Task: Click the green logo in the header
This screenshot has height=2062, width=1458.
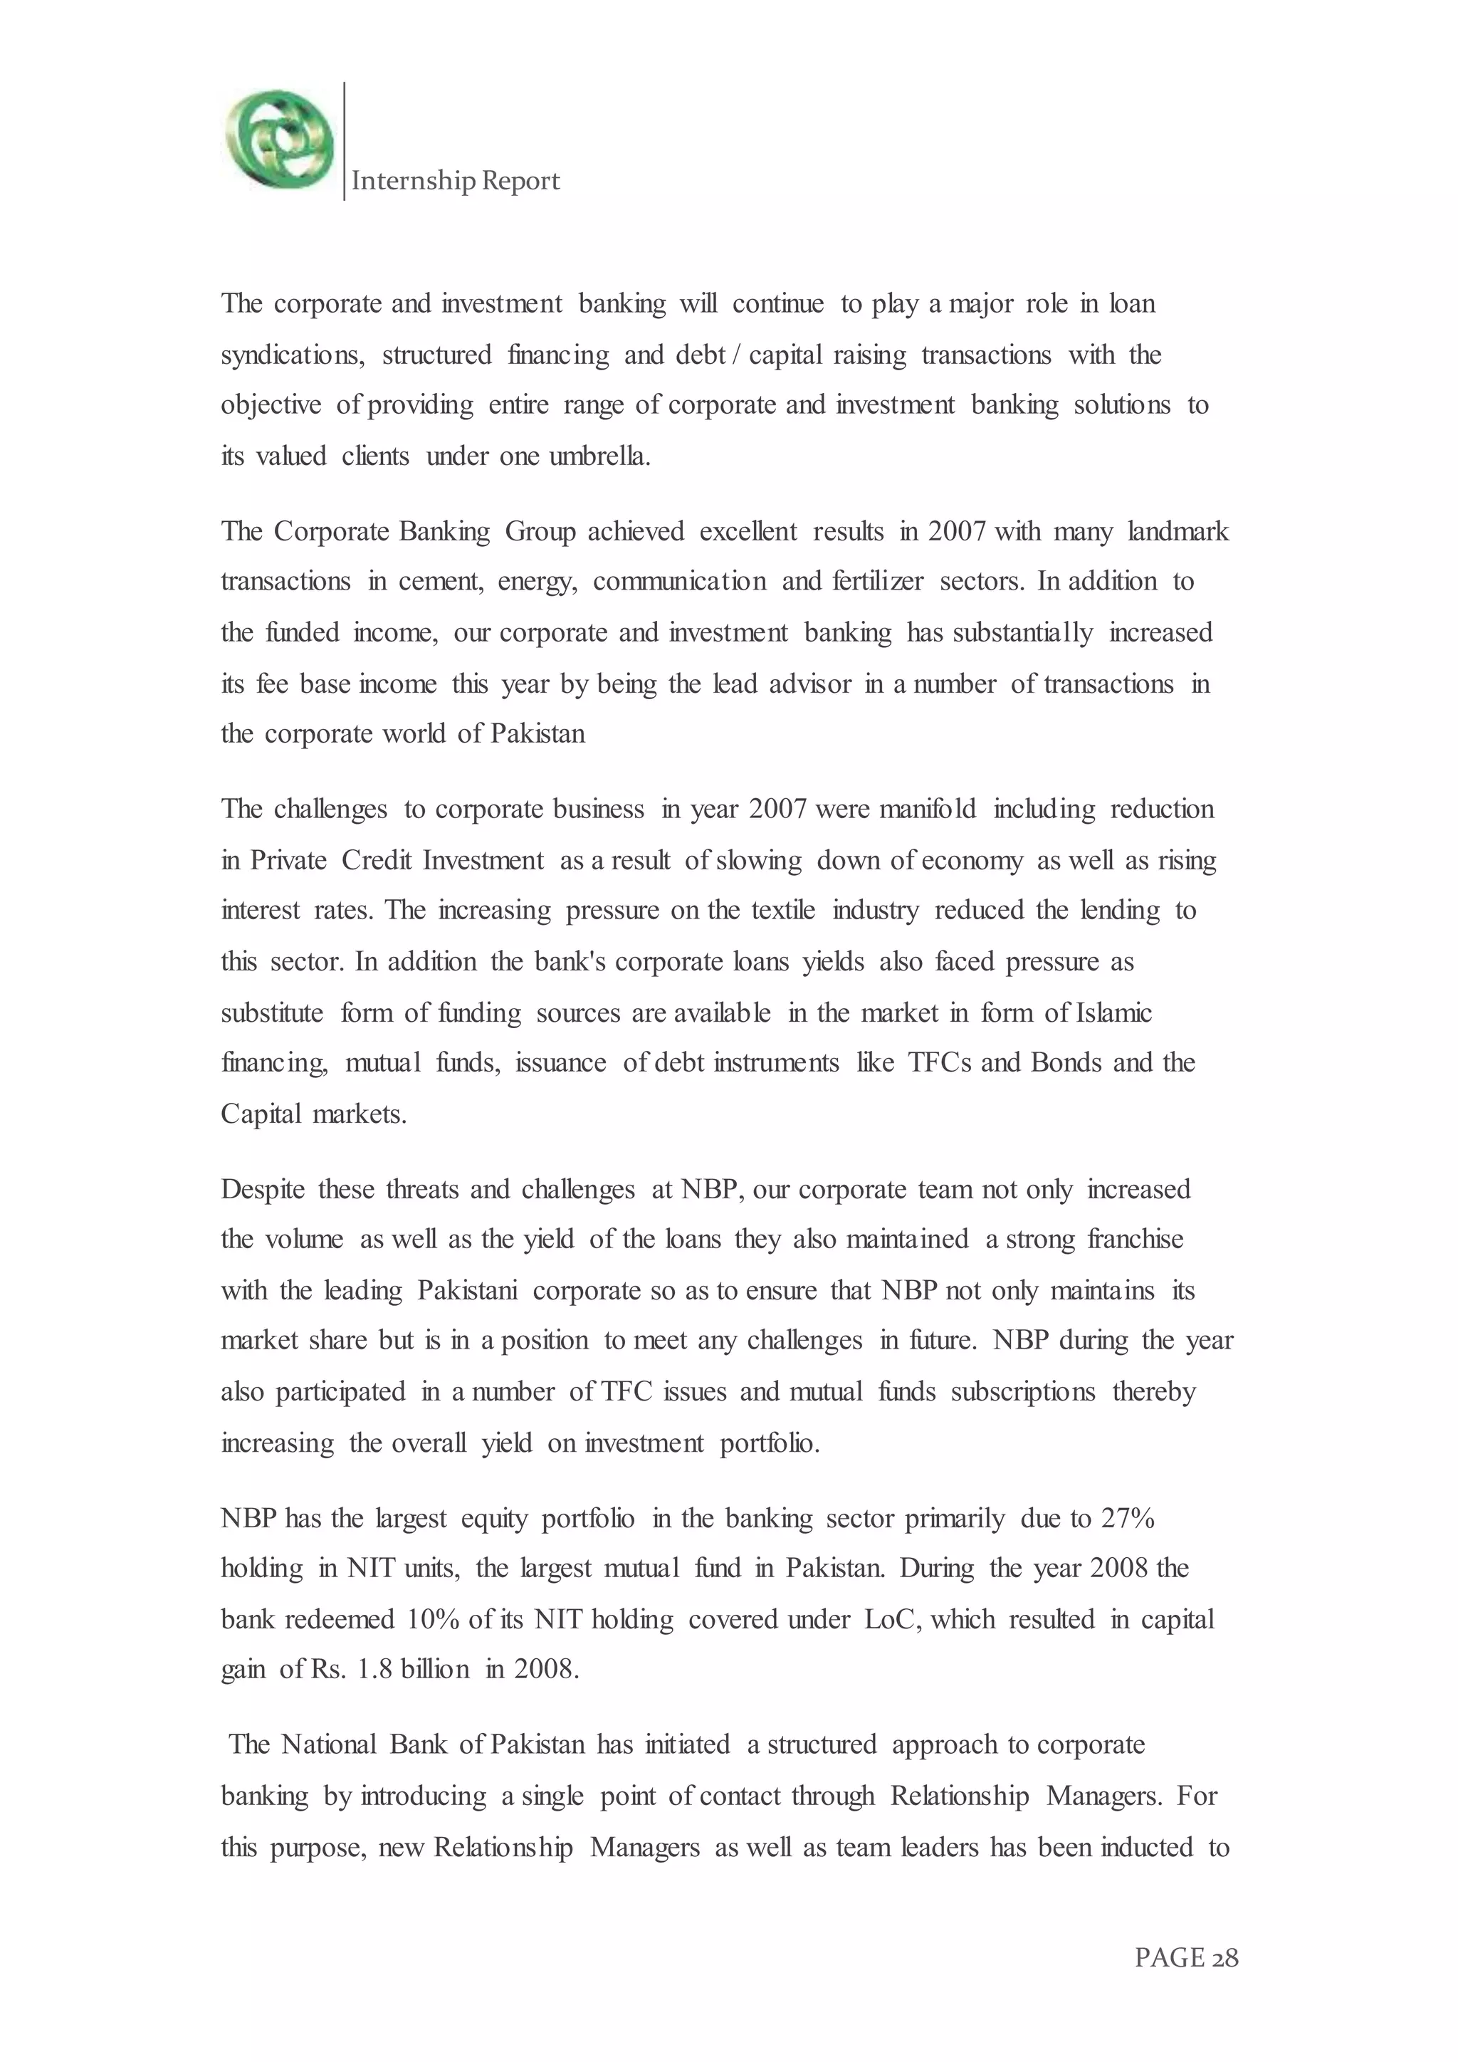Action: click(279, 140)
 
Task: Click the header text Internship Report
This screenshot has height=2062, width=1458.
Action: click(455, 182)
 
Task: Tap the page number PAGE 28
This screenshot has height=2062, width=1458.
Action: click(1186, 1982)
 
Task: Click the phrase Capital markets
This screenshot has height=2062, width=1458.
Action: click(313, 1114)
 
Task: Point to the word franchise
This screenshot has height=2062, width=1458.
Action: click(1135, 1240)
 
